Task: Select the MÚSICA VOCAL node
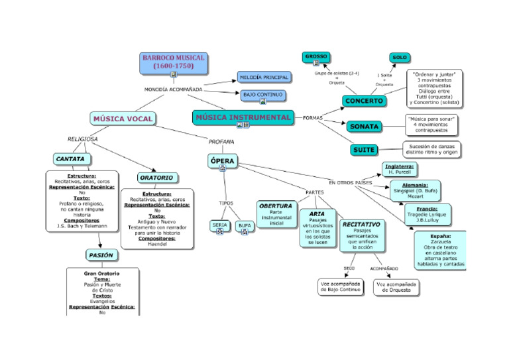click(123, 119)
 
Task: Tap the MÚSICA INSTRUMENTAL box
click(243, 117)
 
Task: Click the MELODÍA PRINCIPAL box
click(264, 78)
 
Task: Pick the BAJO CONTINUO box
click(263, 95)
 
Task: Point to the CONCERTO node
click(364, 101)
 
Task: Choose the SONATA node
click(365, 126)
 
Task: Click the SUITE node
click(364, 150)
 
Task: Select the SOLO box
click(400, 58)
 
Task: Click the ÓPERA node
click(222, 161)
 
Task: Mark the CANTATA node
click(70, 160)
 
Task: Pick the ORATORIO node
click(157, 178)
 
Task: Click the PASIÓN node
click(101, 255)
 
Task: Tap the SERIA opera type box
click(220, 225)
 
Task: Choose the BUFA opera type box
click(245, 225)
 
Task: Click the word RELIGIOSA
click(83, 139)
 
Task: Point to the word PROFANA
click(221, 141)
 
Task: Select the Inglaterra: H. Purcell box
click(400, 168)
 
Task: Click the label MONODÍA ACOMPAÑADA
click(173, 89)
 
